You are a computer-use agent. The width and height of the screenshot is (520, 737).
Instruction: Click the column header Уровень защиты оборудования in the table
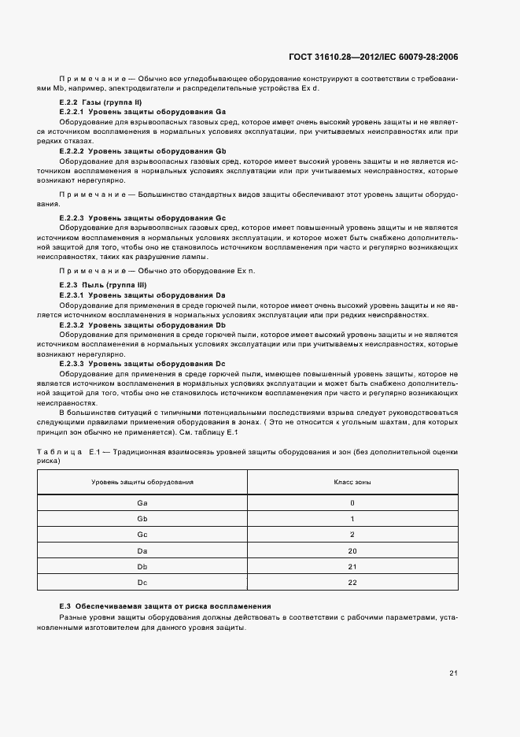tap(142, 481)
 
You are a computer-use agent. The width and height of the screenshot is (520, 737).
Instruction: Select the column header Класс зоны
tap(352, 481)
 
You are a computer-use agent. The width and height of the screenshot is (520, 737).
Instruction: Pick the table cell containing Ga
tap(142, 502)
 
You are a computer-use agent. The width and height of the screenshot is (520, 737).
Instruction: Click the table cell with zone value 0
tap(352, 502)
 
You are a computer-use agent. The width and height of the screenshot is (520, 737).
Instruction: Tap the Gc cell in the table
tap(142, 534)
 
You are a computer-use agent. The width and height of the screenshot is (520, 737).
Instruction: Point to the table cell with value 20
tap(352, 550)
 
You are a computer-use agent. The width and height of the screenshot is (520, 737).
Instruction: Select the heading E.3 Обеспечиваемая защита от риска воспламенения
tap(165, 606)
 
